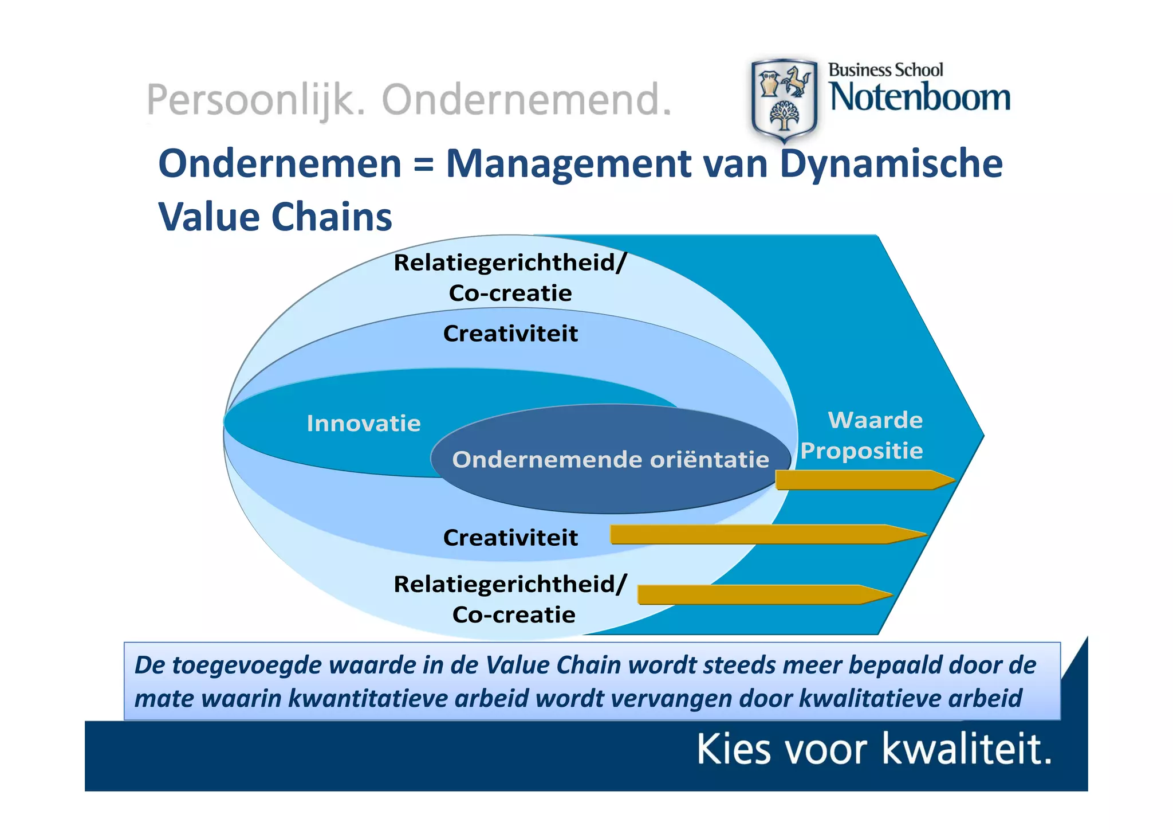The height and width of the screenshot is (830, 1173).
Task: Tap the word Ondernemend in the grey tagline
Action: pyautogui.click(x=526, y=100)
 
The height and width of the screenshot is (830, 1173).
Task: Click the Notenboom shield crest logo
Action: pyautogui.click(x=784, y=100)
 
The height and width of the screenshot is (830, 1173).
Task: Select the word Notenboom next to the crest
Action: pyautogui.click(x=920, y=97)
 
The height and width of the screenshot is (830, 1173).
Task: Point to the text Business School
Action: pyautogui.click(x=885, y=70)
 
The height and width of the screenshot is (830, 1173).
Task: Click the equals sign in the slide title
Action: pyautogui.click(x=423, y=165)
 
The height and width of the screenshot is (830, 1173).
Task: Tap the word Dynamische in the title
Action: pyautogui.click(x=891, y=165)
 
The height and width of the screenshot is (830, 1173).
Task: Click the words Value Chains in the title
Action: pyautogui.click(x=275, y=217)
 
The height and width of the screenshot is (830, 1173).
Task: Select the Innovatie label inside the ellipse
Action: pyautogui.click(x=364, y=424)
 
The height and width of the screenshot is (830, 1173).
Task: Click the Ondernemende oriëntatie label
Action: pyautogui.click(x=611, y=460)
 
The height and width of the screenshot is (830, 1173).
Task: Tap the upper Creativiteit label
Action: pyautogui.click(x=510, y=334)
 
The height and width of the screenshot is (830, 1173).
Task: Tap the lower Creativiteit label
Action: pyautogui.click(x=510, y=538)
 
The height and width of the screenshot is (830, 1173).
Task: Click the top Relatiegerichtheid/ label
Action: pyautogui.click(x=510, y=263)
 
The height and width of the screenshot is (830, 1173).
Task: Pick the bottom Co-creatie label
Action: pyautogui.click(x=514, y=615)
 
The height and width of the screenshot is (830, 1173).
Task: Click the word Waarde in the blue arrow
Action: pyautogui.click(x=875, y=420)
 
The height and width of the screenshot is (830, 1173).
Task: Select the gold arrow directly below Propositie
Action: pyautogui.click(x=862, y=480)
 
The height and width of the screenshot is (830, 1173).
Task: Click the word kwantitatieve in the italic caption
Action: pyautogui.click(x=367, y=699)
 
